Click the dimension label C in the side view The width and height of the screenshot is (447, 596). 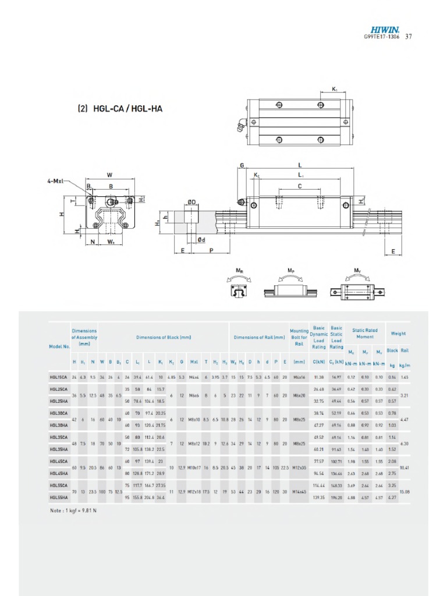[300, 186]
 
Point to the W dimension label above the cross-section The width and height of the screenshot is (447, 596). [109, 175]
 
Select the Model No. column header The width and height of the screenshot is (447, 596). [59, 346]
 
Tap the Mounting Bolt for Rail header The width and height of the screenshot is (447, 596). [299, 337]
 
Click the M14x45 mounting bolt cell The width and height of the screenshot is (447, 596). [299, 491]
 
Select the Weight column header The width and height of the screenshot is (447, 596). [398, 334]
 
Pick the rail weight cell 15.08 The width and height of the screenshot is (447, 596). [405, 491]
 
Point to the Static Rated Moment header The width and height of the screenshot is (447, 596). [364, 334]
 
